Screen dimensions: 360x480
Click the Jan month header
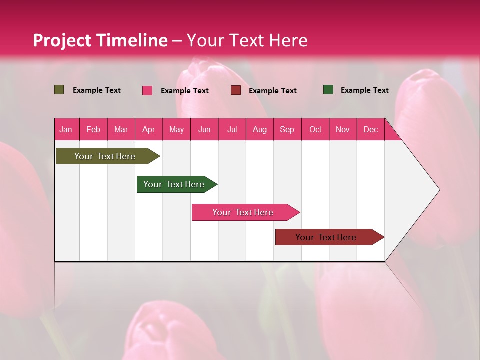66,129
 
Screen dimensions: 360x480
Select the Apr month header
148,129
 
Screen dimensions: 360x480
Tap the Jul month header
232,129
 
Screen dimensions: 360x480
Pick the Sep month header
287,129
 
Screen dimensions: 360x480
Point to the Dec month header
370,129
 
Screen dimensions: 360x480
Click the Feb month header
93,129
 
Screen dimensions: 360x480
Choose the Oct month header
315,129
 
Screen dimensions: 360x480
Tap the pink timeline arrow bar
243,212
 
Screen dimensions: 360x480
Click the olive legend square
59,90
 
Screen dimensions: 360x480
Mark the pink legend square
147,90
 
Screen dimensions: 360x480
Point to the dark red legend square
236,90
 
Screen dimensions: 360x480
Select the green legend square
328,90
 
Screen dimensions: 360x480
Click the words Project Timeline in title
100,40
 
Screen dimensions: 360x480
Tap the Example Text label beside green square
364,90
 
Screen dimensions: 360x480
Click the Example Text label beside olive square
97,90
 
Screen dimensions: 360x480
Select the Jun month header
204,129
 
